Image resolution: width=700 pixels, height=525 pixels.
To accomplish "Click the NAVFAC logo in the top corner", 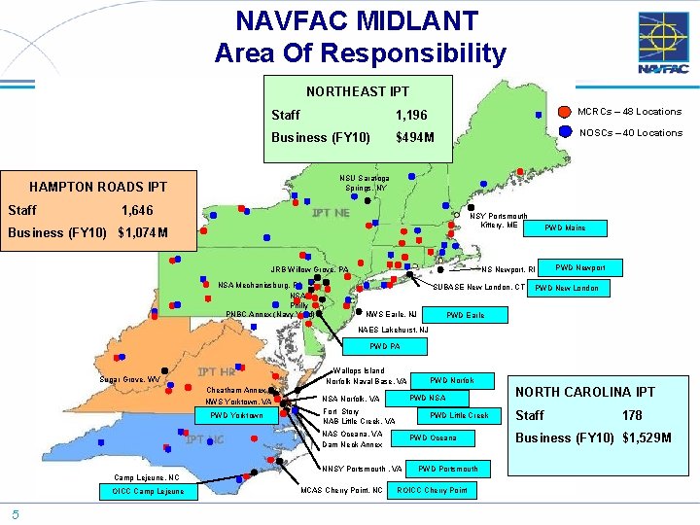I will pyautogui.click(x=663, y=44).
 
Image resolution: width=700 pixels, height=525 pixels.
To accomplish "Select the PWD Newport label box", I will pyautogui.click(x=580, y=267).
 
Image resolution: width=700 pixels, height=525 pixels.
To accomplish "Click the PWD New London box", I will pyautogui.click(x=567, y=288).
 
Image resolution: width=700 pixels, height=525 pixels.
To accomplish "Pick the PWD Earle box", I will pyautogui.click(x=465, y=315).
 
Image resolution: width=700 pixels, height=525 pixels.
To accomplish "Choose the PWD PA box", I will pyautogui.click(x=385, y=346).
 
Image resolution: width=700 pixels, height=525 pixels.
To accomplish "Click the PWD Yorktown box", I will pyautogui.click(x=238, y=415).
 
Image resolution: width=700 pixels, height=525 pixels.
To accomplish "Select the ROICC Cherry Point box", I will pyautogui.click(x=433, y=490).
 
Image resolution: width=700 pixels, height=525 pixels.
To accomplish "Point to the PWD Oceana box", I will pyautogui.click(x=433, y=437).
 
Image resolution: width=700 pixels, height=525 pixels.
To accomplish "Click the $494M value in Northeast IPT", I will pyautogui.click(x=415, y=137).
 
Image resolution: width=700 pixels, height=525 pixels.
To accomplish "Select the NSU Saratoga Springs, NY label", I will pyautogui.click(x=365, y=183).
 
